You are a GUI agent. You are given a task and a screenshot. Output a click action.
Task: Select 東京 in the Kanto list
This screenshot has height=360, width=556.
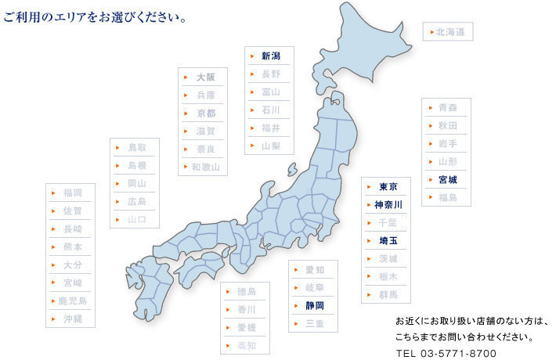click(x=388, y=186)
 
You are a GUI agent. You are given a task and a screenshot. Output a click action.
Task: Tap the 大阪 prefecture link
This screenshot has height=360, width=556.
click(x=205, y=77)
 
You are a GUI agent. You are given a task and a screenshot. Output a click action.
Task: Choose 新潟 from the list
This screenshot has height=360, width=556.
click(x=270, y=56)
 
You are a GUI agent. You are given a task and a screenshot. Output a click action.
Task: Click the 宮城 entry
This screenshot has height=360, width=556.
click(x=447, y=179)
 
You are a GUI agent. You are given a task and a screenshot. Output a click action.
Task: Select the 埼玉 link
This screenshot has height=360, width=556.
click(x=388, y=240)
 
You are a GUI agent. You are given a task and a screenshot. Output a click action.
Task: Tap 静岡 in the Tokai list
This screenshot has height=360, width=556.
click(x=314, y=305)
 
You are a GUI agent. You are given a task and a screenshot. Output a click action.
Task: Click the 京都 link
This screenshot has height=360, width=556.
click(x=205, y=113)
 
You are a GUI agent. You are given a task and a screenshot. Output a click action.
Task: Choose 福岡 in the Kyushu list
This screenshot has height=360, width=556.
click(x=73, y=193)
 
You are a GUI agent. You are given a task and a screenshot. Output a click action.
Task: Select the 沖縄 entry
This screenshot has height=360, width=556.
click(x=73, y=319)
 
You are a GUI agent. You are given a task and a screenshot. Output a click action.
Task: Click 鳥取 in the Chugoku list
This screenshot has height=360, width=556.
click(x=136, y=147)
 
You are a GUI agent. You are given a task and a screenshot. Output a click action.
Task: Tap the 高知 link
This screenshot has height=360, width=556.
click(x=246, y=345)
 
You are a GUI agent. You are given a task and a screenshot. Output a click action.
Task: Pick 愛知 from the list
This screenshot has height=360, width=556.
click(x=314, y=270)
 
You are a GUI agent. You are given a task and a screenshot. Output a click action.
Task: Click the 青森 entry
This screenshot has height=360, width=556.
click(x=447, y=107)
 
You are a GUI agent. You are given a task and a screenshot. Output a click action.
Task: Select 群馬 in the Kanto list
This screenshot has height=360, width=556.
click(x=388, y=294)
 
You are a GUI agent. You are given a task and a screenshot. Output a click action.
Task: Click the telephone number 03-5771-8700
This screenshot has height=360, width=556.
click(x=457, y=352)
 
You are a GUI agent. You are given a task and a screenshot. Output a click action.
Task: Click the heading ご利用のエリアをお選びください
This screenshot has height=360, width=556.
click(x=94, y=16)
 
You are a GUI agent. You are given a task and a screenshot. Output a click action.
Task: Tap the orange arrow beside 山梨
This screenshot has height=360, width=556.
click(x=252, y=146)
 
